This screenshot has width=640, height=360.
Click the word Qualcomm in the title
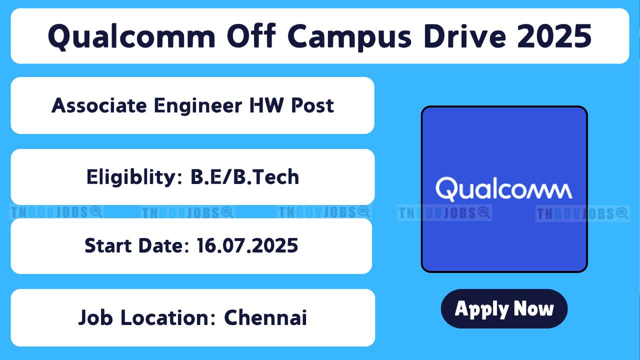pyautogui.click(x=131, y=36)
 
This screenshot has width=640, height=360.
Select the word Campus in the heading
pyautogui.click(x=349, y=37)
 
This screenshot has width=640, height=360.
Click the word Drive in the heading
pyautogui.click(x=465, y=36)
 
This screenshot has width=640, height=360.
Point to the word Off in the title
pyautogui.click(x=251, y=36)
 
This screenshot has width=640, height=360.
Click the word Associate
pyautogui.click(x=99, y=105)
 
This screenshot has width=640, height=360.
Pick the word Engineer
pyautogui.click(x=198, y=106)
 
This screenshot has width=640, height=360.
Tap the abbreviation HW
pyautogui.click(x=267, y=105)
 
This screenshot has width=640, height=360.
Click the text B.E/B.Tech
pyautogui.click(x=245, y=177)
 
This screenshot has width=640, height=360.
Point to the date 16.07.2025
pyautogui.click(x=247, y=245)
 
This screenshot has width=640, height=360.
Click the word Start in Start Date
pyautogui.click(x=108, y=245)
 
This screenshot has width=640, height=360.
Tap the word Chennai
pyautogui.click(x=265, y=317)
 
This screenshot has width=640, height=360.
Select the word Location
pyautogui.click(x=168, y=317)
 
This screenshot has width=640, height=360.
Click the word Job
pyautogui.click(x=95, y=317)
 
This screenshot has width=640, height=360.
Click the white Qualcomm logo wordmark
pyautogui.click(x=504, y=189)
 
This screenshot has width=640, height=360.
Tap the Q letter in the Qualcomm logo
pyautogui.click(x=446, y=188)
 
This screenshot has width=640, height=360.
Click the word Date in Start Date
pyautogui.click(x=163, y=245)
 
